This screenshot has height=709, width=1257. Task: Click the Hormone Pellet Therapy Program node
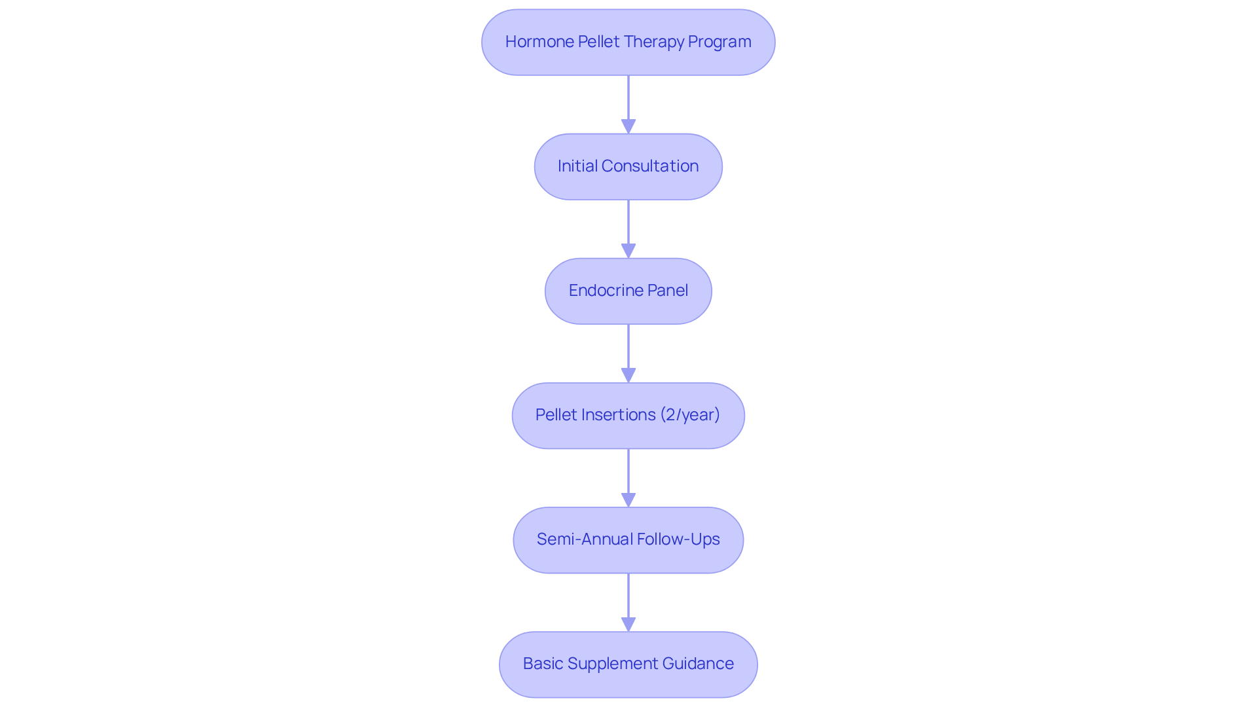tap(628, 42)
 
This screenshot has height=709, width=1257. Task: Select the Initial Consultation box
tap(628, 166)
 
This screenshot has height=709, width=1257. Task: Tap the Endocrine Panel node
tap(628, 291)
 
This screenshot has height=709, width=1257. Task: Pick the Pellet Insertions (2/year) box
tap(628, 415)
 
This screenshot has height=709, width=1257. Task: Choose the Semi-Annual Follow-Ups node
tap(628, 539)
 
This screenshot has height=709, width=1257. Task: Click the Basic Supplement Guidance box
tap(628, 664)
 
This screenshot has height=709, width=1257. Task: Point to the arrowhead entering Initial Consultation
tap(628, 126)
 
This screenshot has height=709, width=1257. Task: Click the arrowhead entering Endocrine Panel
tap(628, 251)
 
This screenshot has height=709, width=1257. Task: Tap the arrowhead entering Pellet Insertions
tap(628, 375)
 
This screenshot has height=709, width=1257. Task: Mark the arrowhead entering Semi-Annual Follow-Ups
tap(628, 500)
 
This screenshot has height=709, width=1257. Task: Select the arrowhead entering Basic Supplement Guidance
tap(628, 624)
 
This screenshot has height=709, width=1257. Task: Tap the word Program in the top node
tap(720, 42)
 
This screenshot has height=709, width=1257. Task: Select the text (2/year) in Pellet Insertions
tap(690, 415)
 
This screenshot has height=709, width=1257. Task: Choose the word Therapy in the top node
tap(654, 42)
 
